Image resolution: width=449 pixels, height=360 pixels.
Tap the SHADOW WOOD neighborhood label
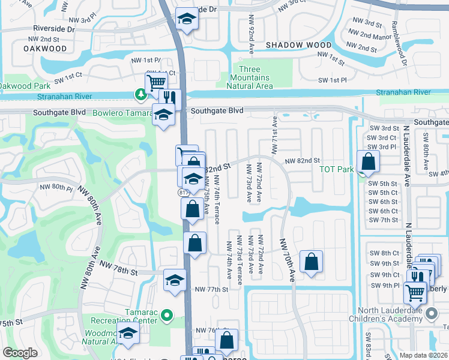(298, 45)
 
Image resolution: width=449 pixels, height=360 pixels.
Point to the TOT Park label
(336, 169)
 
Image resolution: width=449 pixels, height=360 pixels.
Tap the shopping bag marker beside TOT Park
(367, 161)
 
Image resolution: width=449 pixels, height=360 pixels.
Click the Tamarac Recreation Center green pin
(168, 314)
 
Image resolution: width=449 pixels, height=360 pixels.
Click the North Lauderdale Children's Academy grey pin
(431, 314)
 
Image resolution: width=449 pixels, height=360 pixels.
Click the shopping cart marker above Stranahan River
(156, 82)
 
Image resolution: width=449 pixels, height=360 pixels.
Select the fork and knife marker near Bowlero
(170, 97)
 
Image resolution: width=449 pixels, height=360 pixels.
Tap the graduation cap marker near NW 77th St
(175, 280)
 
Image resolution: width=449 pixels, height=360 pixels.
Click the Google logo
(20, 353)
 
